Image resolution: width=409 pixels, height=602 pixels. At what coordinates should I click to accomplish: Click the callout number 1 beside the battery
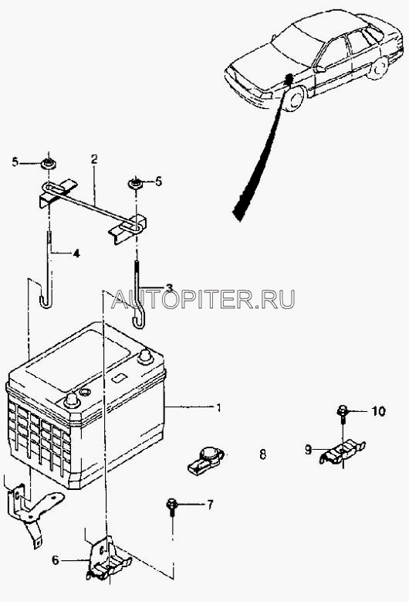pos(218,407)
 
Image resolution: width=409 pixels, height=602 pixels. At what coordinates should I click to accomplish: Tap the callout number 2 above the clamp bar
pos(94,159)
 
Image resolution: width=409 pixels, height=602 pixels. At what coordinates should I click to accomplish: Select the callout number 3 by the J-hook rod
pos(169,287)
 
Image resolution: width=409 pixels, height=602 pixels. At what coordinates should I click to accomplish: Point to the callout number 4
pos(76,253)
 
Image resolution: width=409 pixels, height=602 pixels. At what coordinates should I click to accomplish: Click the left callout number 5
pos(15,162)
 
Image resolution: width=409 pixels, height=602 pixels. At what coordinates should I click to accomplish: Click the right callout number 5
pos(158,181)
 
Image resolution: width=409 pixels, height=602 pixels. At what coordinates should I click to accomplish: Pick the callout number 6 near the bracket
pos(56,560)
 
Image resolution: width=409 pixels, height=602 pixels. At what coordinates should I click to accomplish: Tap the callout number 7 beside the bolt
pos(210,505)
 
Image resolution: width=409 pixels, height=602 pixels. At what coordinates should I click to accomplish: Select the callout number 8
pos(262,454)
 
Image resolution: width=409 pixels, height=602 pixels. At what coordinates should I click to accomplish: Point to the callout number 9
pos(308,450)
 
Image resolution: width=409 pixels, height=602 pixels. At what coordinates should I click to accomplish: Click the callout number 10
pos(378,412)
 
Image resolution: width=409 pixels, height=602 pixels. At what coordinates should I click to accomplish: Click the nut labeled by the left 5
pos(49,164)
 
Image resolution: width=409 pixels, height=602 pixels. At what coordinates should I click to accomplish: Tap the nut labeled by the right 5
pos(135,183)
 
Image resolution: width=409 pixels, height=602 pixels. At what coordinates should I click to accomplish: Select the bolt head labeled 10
pos(342,411)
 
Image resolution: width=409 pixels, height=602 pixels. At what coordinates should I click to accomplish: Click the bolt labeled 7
pos(171,508)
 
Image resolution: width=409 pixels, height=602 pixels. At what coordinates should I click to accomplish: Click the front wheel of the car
pos(296,98)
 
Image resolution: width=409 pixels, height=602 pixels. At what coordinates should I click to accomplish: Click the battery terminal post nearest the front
pos(72,400)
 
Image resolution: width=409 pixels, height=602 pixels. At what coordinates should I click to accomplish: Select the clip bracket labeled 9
pos(342,453)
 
